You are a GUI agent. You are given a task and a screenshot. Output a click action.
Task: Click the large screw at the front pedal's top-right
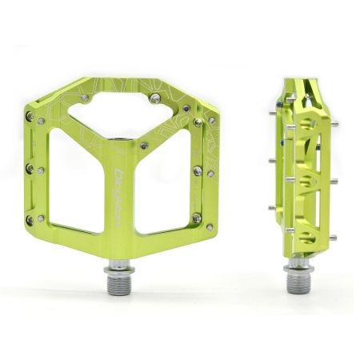[154, 99]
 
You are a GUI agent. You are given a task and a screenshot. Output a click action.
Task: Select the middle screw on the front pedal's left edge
[30, 169]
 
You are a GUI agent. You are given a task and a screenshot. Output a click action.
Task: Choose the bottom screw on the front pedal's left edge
[30, 218]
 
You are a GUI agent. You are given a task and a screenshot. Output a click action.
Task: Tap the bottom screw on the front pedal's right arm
[196, 218]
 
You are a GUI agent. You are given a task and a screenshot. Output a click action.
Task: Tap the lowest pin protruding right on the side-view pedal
[332, 238]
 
